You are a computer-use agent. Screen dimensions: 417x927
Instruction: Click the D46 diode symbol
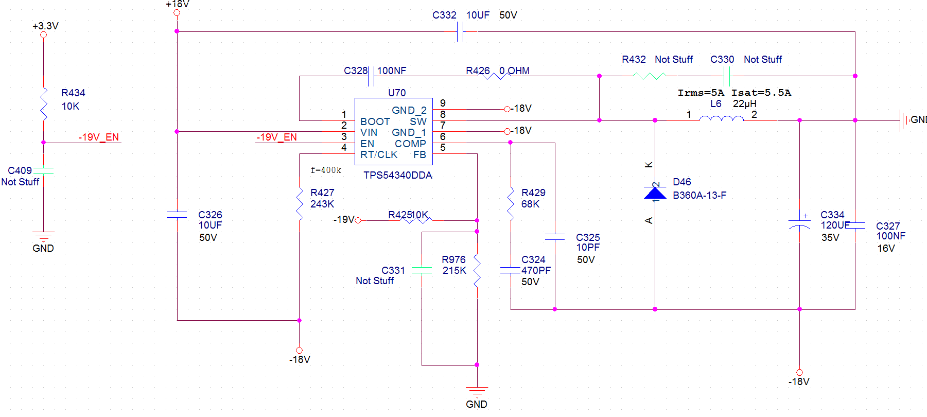coord(655,193)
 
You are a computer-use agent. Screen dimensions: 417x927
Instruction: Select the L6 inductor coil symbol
coord(721,119)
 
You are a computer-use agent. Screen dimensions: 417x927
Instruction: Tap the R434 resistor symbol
coord(44,104)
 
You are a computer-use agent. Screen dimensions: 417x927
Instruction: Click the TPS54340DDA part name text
coord(397,175)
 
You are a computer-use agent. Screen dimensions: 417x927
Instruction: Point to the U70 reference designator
coord(397,93)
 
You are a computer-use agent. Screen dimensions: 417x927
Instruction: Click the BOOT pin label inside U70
coord(375,121)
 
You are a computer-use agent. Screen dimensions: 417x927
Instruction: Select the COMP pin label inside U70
coord(410,144)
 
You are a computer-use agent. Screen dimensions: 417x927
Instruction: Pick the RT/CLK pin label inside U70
coord(378,154)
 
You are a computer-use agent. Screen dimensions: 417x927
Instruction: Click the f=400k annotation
coord(325,170)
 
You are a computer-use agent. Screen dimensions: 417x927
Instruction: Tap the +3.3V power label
coord(45,26)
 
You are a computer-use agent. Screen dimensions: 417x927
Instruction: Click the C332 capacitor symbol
coord(460,32)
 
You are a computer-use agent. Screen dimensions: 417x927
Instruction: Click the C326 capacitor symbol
coord(177,215)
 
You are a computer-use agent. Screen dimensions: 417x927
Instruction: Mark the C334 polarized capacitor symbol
coord(799,224)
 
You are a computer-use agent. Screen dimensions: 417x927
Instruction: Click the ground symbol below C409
coord(43,236)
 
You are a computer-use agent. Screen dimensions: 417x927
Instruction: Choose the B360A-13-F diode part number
coord(699,195)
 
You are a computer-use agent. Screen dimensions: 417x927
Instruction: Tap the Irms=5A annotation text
coord(701,93)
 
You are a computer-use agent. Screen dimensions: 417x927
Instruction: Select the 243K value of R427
coord(322,204)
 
